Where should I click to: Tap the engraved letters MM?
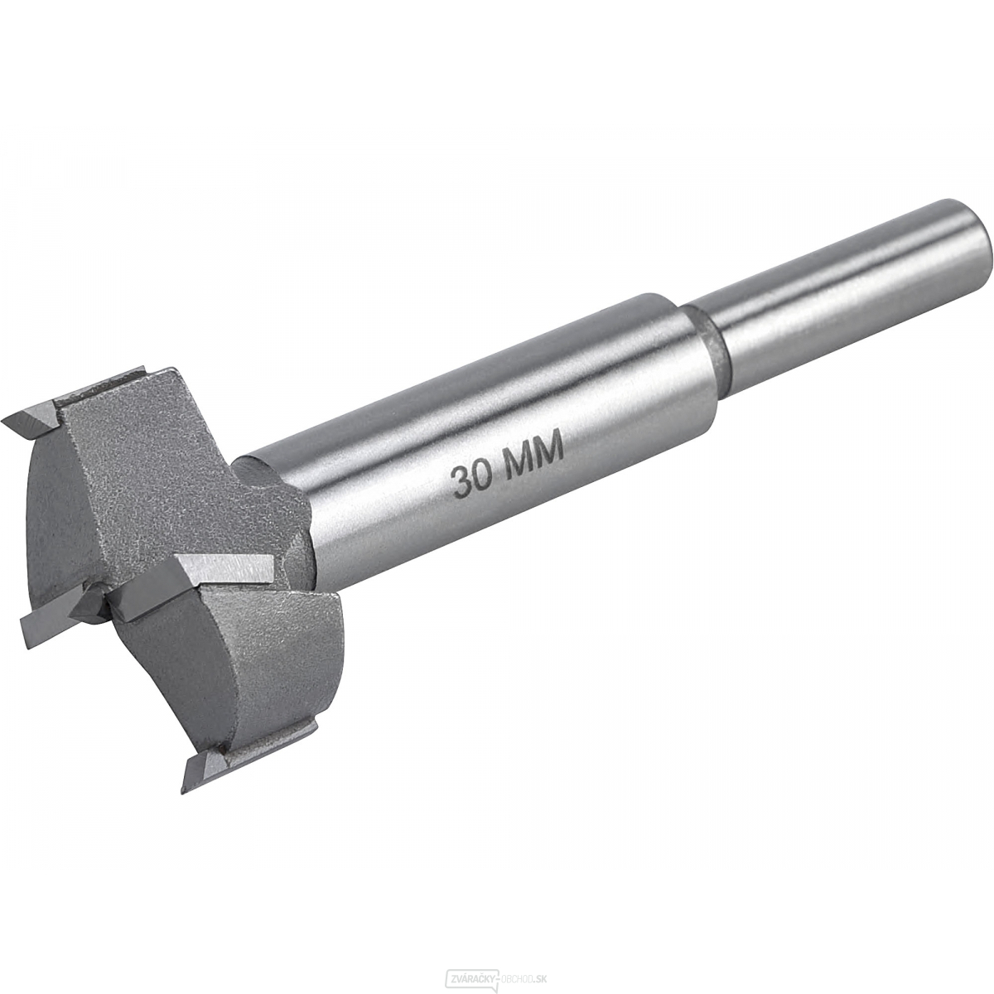pyautogui.click(x=535, y=453)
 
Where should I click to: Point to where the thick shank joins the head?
pyautogui.click(x=282, y=497)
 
